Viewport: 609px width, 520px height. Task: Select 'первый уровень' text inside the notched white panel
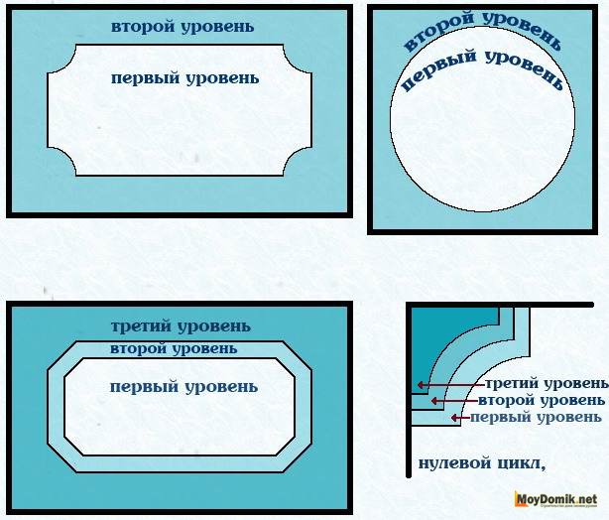pos(185,77)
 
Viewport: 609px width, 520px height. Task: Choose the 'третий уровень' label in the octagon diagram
pos(181,326)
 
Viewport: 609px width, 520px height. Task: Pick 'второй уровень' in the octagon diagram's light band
pos(174,348)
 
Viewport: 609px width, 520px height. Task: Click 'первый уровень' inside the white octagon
pos(180,386)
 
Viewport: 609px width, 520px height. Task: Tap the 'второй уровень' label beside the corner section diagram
pos(541,400)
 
